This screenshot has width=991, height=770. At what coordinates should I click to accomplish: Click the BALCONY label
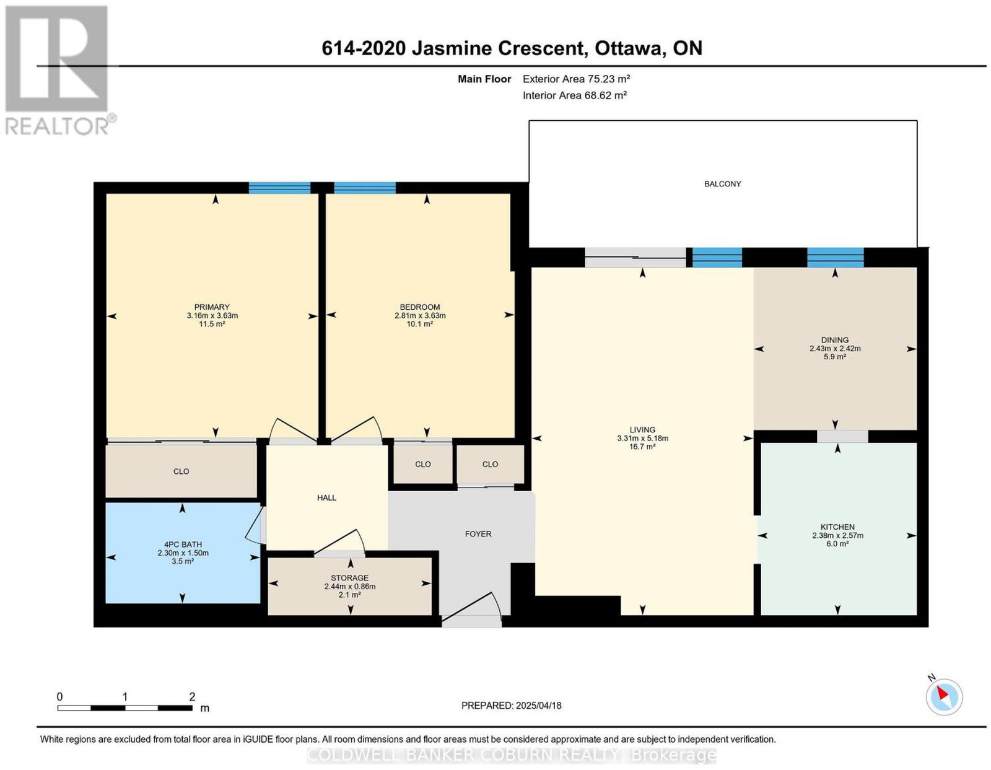pos(722,184)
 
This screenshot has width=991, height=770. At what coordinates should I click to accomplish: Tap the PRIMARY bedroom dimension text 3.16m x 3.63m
pos(212,315)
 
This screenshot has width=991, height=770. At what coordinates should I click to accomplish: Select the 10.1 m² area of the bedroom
pos(419,324)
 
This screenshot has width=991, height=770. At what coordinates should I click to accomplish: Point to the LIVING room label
pos(642,429)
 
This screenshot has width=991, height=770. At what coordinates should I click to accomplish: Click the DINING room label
pos(835,340)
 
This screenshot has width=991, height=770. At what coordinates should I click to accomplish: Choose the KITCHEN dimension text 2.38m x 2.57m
pos(838,535)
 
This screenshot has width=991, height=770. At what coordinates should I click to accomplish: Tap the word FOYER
pos(478,534)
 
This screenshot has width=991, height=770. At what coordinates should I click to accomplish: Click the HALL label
pos(326,498)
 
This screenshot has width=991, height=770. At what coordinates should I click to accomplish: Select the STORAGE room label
pos(350,577)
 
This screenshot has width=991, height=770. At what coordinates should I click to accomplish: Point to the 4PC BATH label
pos(183,545)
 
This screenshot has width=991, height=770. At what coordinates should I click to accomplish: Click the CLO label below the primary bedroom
pos(181,471)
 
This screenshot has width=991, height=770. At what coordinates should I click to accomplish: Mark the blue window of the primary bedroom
pos(279,188)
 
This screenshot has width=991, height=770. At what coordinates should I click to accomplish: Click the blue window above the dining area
pos(835,258)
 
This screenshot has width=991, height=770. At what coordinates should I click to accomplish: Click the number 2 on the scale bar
pos(192,696)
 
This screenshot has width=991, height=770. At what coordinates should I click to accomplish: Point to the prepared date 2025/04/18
pos(538,705)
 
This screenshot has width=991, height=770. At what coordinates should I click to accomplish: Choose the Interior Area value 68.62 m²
pos(604,95)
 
